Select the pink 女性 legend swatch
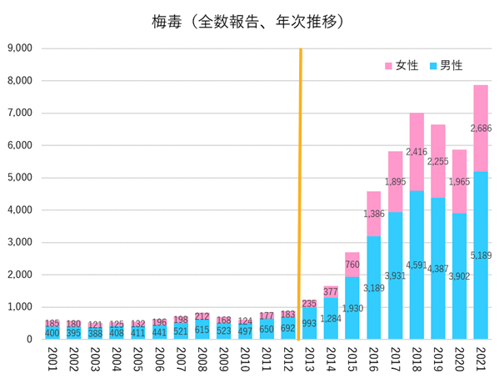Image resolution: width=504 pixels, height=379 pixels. tap(389, 65)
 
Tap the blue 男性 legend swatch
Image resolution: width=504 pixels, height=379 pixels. tap(432, 65)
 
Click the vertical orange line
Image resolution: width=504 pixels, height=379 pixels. tap(300, 192)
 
